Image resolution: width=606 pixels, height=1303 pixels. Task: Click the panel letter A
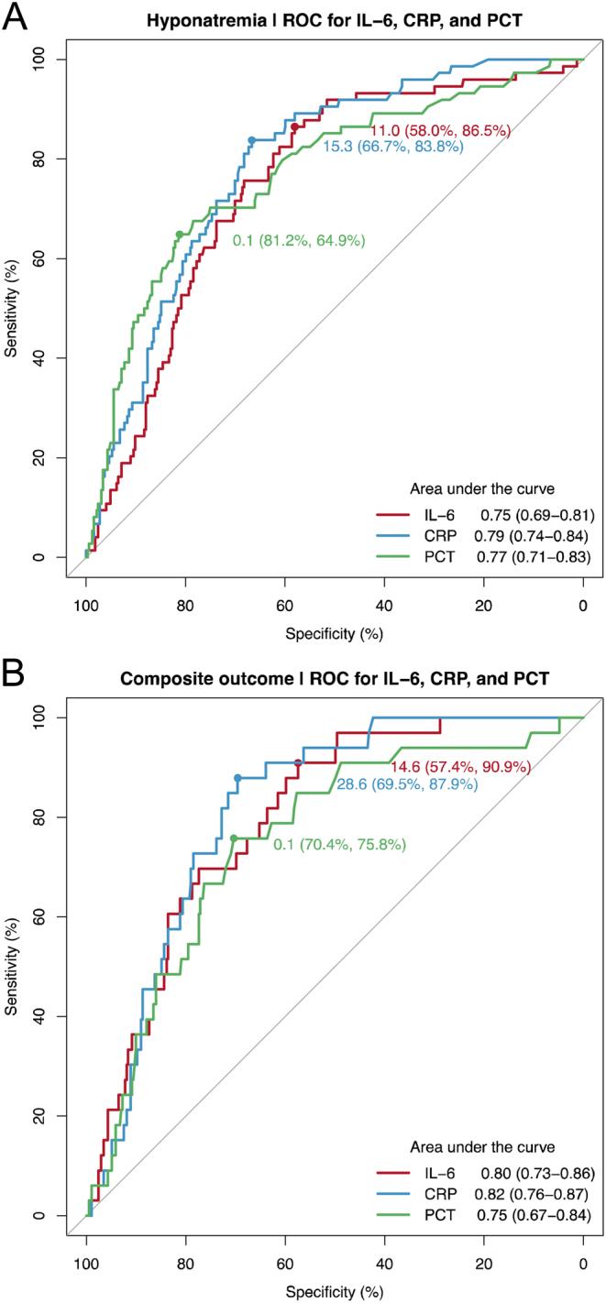pos(16,16)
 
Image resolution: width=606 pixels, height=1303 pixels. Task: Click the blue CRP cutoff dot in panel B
pos(237,778)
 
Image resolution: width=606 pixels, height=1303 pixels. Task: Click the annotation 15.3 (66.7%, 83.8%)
pos(392,146)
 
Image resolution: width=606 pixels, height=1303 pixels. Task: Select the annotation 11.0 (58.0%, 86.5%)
pos(440,130)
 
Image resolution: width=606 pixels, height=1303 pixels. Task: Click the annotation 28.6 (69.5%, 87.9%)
pos(401,784)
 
